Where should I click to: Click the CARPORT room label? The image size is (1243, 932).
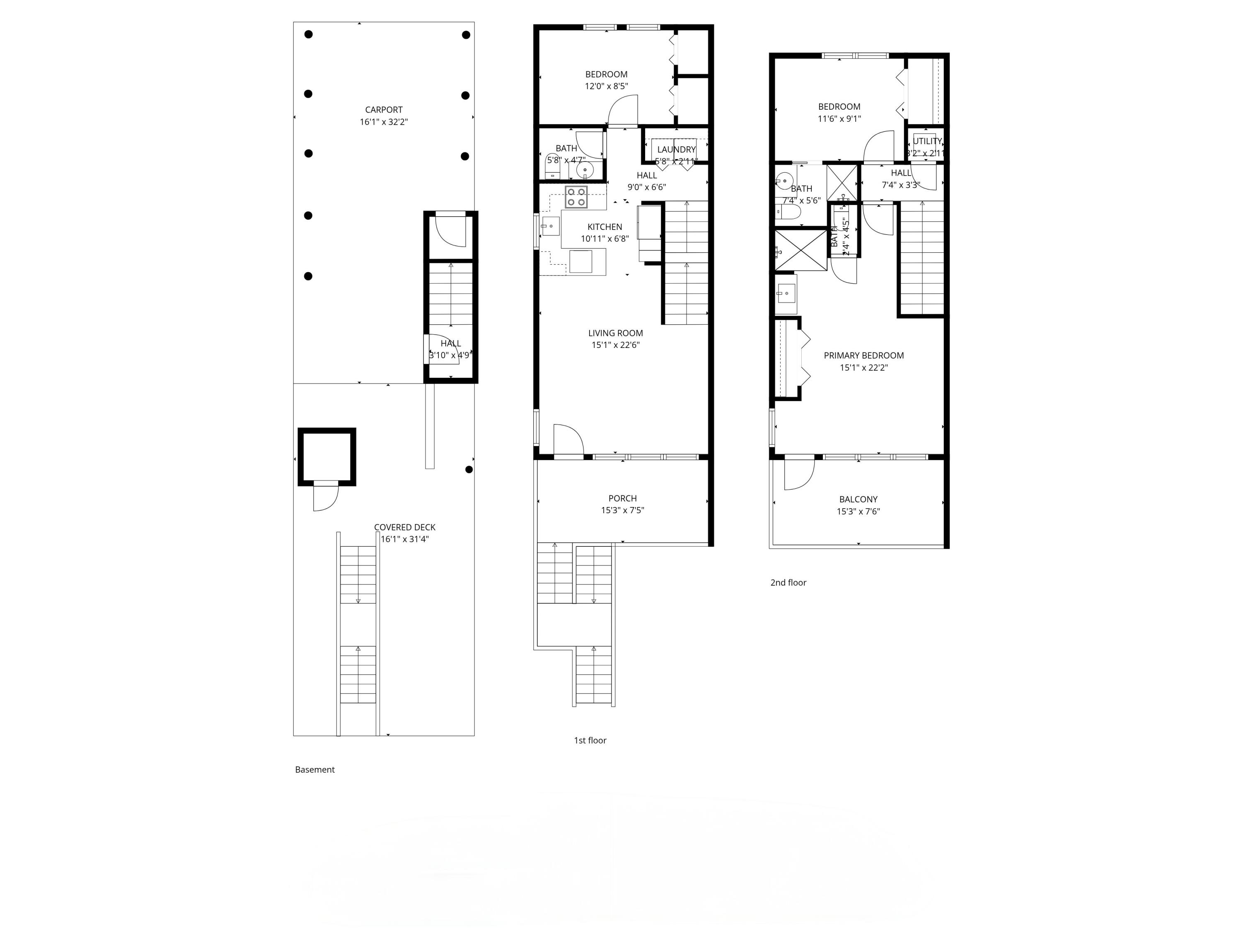383,109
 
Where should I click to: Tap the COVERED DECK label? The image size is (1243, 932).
404,527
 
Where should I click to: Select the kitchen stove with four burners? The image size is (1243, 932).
576,197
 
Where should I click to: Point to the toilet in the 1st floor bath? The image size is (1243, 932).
553,166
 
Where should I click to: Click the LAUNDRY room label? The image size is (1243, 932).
676,150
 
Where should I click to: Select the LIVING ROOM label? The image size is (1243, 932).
615,333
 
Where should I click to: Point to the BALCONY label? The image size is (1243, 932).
858,499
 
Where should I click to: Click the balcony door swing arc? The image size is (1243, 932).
799,475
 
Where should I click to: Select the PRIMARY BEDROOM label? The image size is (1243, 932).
864,355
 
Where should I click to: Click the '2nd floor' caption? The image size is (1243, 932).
788,582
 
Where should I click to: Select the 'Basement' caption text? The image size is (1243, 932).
314,770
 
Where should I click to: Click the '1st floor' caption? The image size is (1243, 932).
590,741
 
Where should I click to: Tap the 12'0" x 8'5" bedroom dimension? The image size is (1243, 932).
606,87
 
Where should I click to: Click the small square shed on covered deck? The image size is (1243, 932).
326,456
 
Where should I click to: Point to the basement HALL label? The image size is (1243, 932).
451,343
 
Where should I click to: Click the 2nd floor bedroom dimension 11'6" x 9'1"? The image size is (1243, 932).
839,118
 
